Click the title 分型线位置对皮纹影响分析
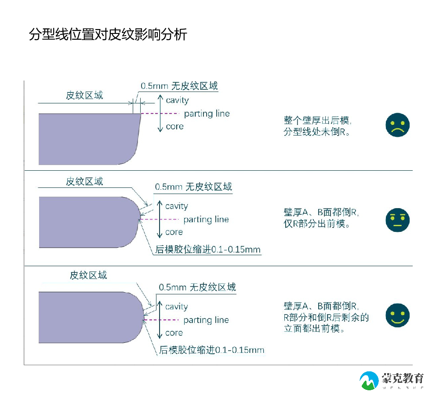108,34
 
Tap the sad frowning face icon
397,125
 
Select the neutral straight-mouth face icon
397,220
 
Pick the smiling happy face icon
397,315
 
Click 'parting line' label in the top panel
207,114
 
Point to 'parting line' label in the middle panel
206,219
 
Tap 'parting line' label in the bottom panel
206,320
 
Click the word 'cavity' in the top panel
177,100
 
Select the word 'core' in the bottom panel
174,333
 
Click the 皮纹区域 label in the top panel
84,95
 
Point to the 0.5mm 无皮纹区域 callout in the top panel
179,86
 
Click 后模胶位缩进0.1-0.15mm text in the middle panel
208,249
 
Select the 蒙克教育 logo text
402,378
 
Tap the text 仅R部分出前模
316,224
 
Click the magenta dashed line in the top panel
160,114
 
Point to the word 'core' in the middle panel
174,232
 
